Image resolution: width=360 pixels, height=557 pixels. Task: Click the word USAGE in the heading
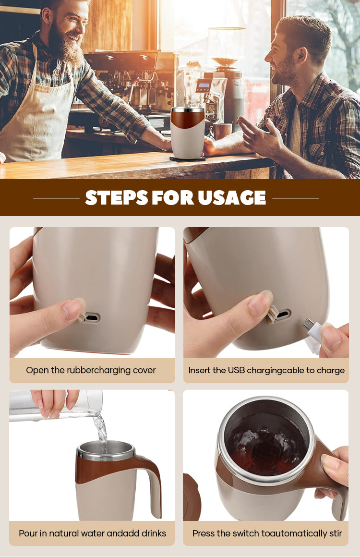click(x=232, y=197)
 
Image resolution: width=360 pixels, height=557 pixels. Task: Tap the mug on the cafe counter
click(x=188, y=133)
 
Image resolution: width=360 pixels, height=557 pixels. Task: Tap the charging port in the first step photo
click(x=92, y=317)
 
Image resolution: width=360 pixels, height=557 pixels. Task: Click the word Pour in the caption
click(x=28, y=533)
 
